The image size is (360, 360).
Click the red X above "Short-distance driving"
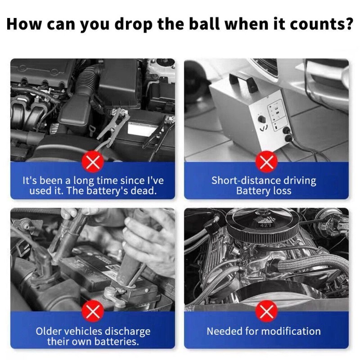pyautogui.click(x=266, y=162)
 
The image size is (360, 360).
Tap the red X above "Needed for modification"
pyautogui.click(x=266, y=311)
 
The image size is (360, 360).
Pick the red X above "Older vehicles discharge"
pyautogui.click(x=93, y=311)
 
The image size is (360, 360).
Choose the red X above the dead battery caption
pyautogui.click(x=93, y=162)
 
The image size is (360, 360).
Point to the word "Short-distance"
pyautogui.click(x=246, y=180)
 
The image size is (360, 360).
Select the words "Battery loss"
pyautogui.click(x=264, y=191)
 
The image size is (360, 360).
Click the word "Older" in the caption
pyautogui.click(x=48, y=331)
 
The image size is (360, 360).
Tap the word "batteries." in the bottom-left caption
pyautogui.click(x=117, y=342)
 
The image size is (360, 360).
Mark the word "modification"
pyautogui.click(x=291, y=331)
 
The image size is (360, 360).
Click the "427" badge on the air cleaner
pyautogui.click(x=265, y=225)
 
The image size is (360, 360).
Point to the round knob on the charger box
pyautogui.click(x=261, y=119)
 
